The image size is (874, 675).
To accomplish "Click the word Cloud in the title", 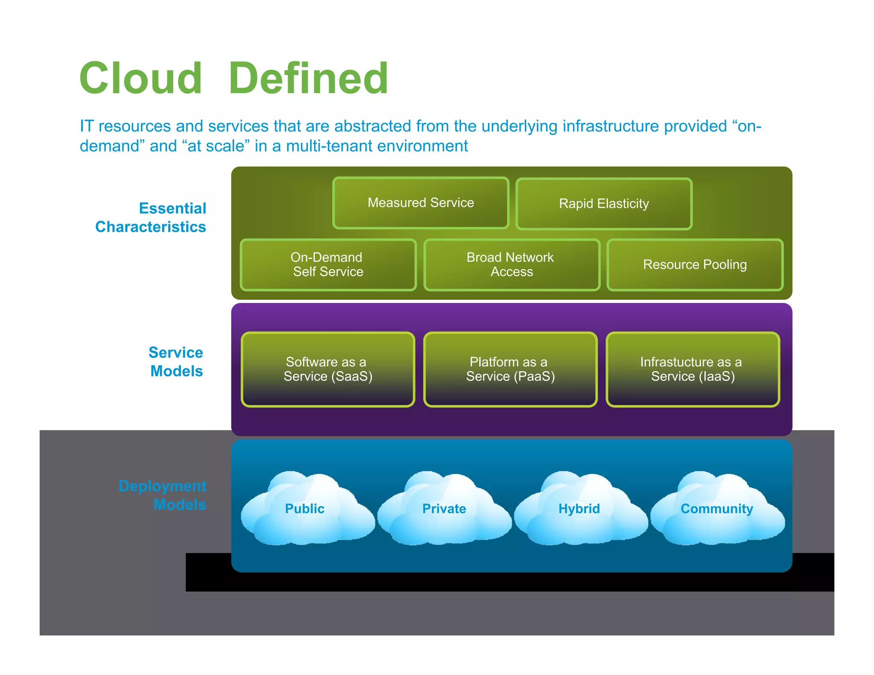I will tap(141, 79).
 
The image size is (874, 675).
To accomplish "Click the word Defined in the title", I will tap(308, 79).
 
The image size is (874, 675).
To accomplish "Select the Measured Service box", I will tap(421, 203).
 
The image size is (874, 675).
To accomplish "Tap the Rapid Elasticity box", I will tap(604, 204).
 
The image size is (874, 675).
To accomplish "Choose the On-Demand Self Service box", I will tap(328, 265).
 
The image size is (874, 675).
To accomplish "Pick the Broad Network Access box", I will tap(511, 265).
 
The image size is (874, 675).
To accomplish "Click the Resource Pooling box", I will tap(695, 265).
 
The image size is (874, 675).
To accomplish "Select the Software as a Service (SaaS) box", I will tap(328, 369).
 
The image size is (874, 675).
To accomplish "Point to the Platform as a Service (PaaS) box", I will tap(510, 369).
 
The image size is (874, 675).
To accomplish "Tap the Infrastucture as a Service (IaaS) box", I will tap(693, 369).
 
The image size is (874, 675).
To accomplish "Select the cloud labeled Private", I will tap(444, 509).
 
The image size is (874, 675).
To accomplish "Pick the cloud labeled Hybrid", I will tap(580, 509).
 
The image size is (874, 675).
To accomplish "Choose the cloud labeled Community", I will tap(717, 509).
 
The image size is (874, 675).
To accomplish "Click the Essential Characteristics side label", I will tap(151, 218).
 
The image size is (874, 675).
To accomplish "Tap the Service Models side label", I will tap(176, 362).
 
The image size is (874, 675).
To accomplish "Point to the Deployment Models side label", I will tap(163, 495).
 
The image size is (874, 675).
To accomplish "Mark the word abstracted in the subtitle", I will tap(372, 127).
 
